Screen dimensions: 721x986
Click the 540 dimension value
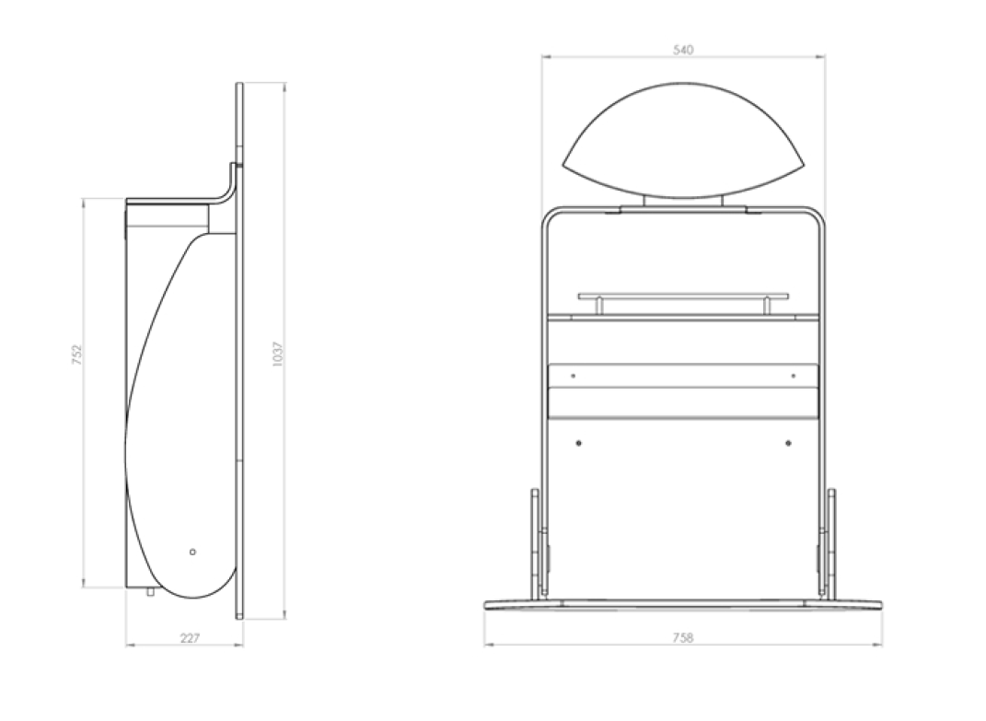tap(682, 50)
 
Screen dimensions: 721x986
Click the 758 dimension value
tap(682, 637)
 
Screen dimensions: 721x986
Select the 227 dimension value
tap(189, 637)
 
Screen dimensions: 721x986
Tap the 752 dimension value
tap(77, 354)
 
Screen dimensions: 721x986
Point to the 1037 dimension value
tap(278, 354)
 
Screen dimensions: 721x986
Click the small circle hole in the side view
tap(192, 552)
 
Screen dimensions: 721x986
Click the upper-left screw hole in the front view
tap(573, 376)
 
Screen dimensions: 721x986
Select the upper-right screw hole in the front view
tap(794, 376)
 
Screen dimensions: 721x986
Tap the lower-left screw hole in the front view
tap(578, 443)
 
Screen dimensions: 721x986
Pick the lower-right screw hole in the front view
tap(788, 443)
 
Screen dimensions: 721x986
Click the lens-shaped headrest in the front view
tap(682, 140)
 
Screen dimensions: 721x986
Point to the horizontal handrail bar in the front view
tap(682, 297)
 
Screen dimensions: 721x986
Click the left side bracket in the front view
tap(535, 543)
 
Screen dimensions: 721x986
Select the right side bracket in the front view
tap(831, 543)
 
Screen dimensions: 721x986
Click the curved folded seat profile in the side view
tap(180, 414)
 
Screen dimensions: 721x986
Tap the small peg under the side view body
tap(150, 592)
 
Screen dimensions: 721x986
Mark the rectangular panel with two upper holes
tap(682, 377)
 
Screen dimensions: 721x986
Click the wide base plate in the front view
tap(682, 605)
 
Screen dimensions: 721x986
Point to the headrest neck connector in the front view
tap(682, 202)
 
